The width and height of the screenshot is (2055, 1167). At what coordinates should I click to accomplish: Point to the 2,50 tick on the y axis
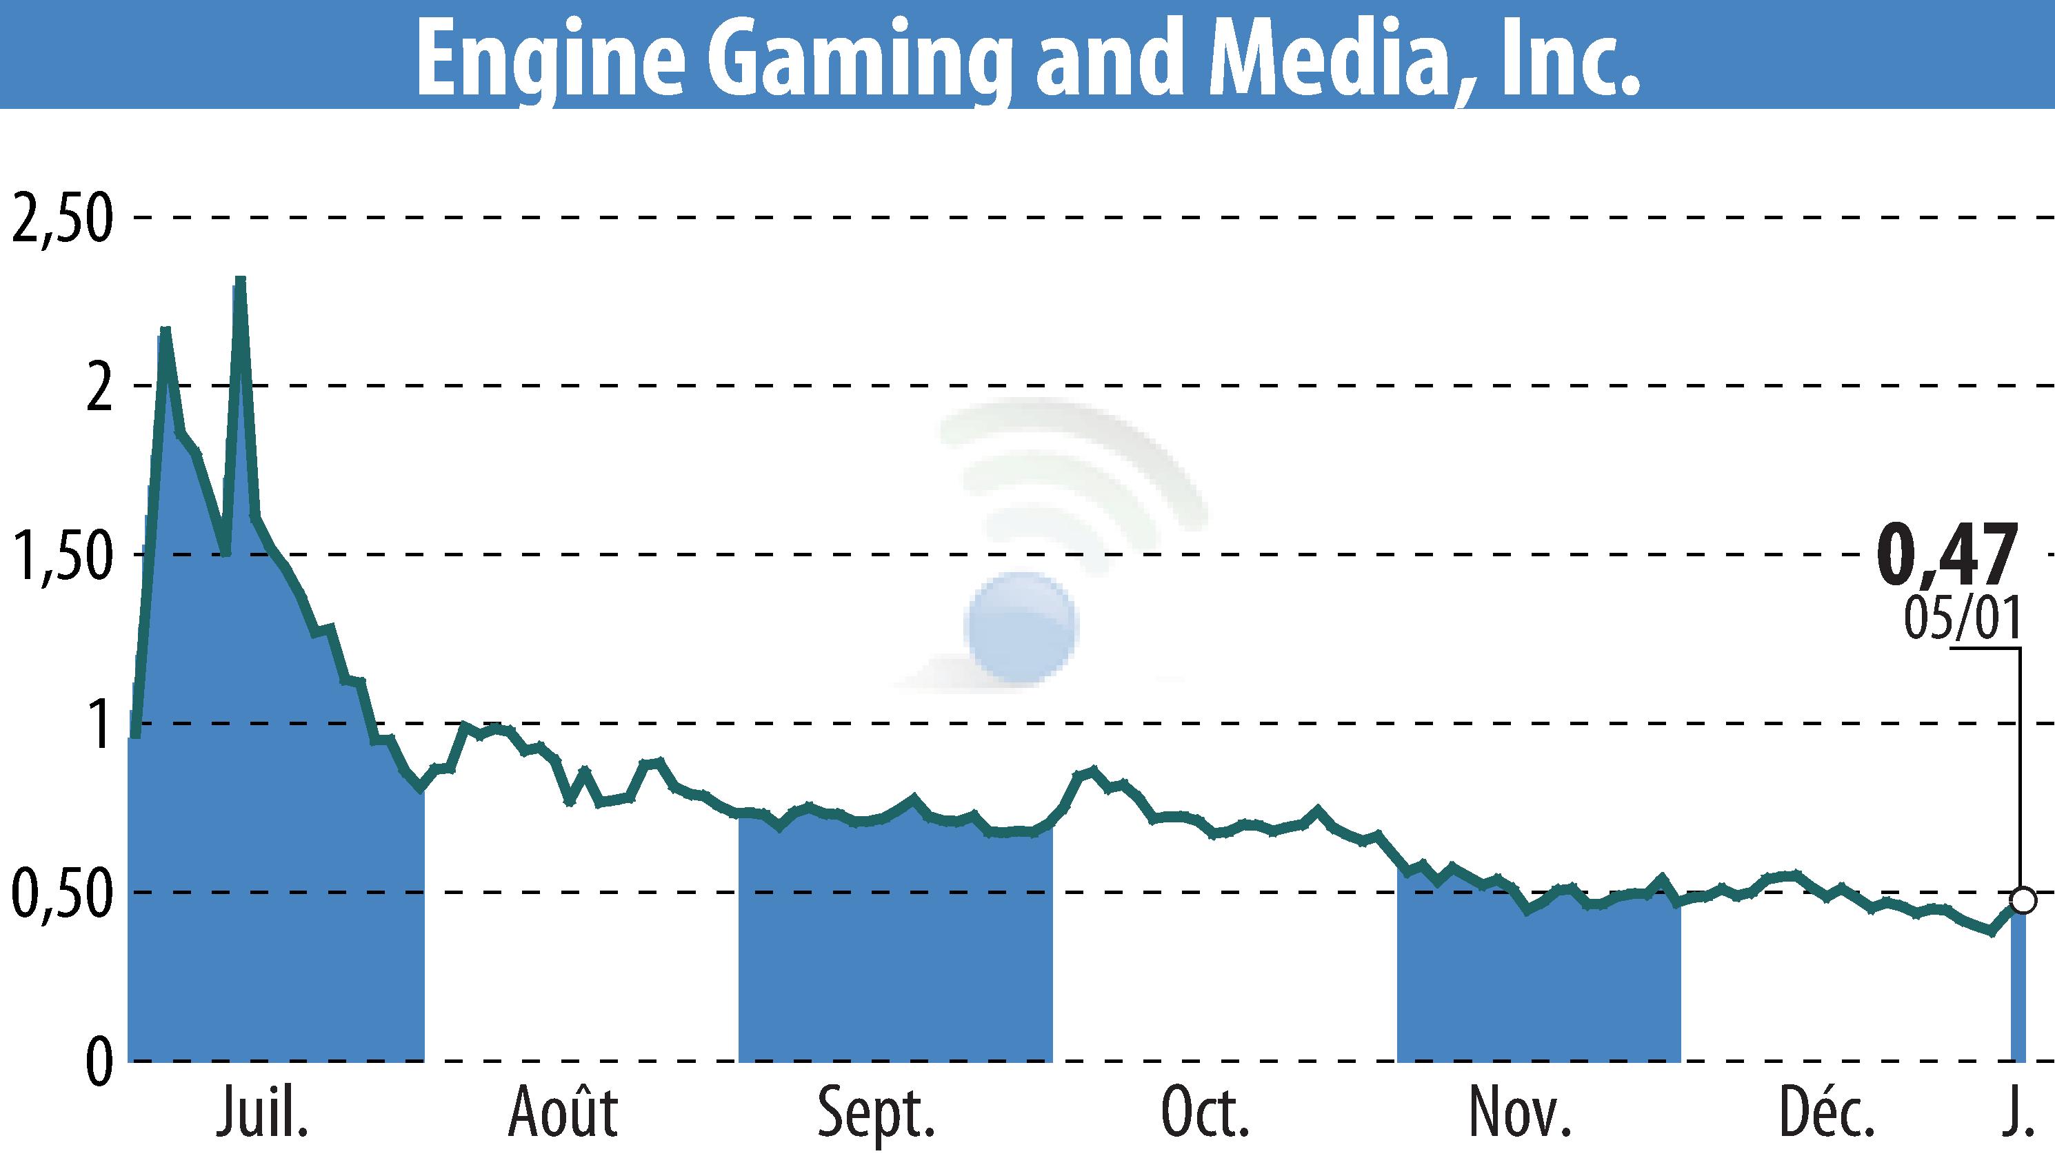coord(61,218)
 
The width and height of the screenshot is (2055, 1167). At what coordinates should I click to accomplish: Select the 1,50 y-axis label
coord(61,556)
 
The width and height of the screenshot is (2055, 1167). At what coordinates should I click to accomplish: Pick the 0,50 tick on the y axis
coord(61,893)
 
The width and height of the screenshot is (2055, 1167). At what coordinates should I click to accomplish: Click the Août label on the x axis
coord(563,1113)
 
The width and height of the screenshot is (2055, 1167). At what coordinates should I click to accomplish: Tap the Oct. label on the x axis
coord(1205,1113)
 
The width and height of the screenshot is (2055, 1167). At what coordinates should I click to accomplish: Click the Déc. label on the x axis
coord(1827,1113)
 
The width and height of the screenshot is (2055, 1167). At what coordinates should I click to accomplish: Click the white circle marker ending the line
coord(2023,900)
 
